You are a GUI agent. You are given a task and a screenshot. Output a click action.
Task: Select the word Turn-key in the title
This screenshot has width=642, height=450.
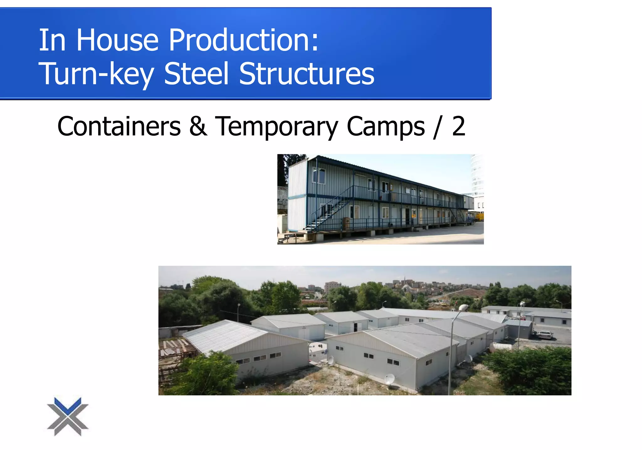coord(96,74)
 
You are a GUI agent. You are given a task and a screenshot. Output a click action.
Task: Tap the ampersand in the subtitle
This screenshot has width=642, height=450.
coord(198,126)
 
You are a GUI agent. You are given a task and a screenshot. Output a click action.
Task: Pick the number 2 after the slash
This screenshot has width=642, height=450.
coord(458,126)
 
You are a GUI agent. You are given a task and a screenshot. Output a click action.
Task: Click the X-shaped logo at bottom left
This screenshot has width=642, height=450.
coord(68,416)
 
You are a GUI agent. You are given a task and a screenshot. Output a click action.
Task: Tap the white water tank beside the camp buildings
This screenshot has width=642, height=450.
coord(501,346)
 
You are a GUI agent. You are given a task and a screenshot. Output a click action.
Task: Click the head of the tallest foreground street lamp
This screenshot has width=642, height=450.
coord(463,308)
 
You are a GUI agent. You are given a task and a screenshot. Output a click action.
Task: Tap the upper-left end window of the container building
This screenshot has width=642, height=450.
coord(319,176)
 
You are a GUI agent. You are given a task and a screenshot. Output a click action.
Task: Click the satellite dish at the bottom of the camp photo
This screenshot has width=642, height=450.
coord(390,379)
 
